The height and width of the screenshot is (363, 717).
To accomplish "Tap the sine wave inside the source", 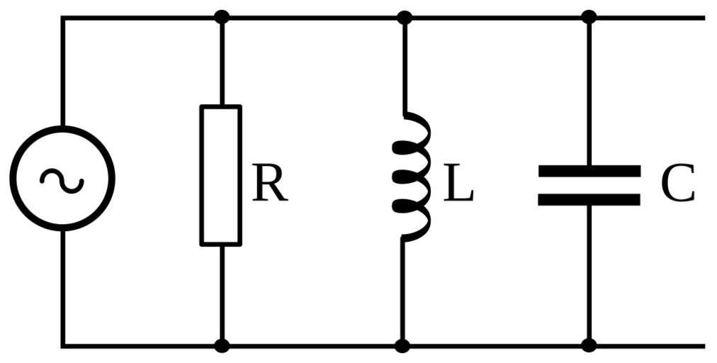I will pyautogui.click(x=62, y=180).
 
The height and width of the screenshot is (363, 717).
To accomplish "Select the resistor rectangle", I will pyautogui.click(x=221, y=175).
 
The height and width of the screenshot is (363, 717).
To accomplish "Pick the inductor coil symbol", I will pyautogui.click(x=411, y=175).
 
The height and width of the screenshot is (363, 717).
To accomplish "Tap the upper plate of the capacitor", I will pyautogui.click(x=589, y=171).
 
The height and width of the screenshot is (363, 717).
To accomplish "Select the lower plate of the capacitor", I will pyautogui.click(x=589, y=199).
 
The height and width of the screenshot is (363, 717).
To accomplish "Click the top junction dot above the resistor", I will pyautogui.click(x=222, y=16).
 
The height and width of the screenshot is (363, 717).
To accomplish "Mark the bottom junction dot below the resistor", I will pyautogui.click(x=222, y=346).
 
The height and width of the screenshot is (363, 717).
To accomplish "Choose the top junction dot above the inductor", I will pyautogui.click(x=404, y=17).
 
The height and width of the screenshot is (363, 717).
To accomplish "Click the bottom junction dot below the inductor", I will pyautogui.click(x=402, y=346).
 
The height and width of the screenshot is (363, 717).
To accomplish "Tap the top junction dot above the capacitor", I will pyautogui.click(x=589, y=16).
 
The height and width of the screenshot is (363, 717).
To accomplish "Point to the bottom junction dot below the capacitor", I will pyautogui.click(x=589, y=346).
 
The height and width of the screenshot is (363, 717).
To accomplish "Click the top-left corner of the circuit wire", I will pyautogui.click(x=62, y=18).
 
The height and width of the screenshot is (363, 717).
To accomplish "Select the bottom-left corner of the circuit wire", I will pyautogui.click(x=62, y=346).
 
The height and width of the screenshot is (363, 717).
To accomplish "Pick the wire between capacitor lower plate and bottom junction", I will pyautogui.click(x=589, y=273).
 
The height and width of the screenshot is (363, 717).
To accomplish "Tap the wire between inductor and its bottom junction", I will pyautogui.click(x=402, y=291).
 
